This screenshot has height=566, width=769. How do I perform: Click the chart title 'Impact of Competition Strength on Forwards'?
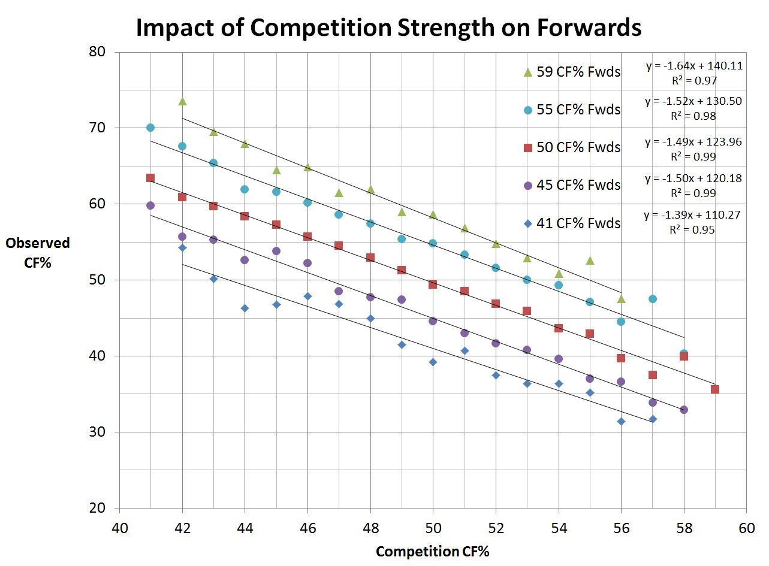pyautogui.click(x=388, y=28)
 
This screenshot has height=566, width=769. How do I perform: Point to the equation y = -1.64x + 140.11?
pyautogui.click(x=694, y=66)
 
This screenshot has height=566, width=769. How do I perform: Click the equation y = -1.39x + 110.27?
pyautogui.click(x=693, y=215)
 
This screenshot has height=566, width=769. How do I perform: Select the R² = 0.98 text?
pyautogui.click(x=693, y=116)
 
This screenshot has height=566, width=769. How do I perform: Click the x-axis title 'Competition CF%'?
pyautogui.click(x=432, y=552)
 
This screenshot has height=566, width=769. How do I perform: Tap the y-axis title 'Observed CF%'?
pyautogui.click(x=38, y=252)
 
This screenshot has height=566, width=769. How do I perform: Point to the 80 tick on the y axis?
pyautogui.click(x=96, y=52)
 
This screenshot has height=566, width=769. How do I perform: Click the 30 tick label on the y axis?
pyautogui.click(x=96, y=432)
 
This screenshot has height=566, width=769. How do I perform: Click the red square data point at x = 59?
pyautogui.click(x=715, y=389)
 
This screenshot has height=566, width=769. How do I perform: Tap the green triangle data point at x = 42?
pyautogui.click(x=182, y=101)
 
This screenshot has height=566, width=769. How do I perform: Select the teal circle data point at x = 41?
pyautogui.click(x=150, y=128)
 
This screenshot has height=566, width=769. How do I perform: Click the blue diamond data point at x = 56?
pyautogui.click(x=621, y=422)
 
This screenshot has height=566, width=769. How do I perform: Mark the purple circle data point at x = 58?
pyautogui.click(x=684, y=410)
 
